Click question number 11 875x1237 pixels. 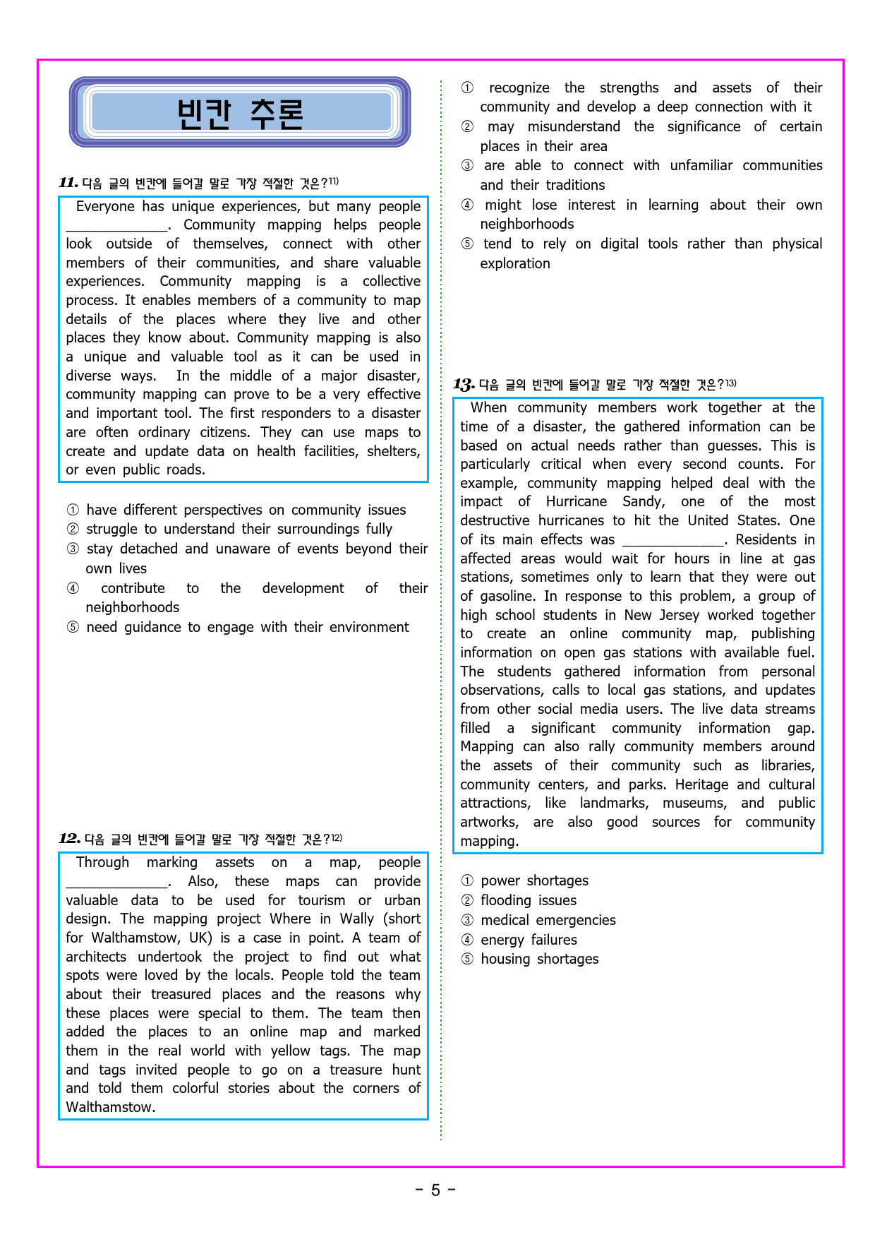coord(68,183)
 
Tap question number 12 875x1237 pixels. coord(69,839)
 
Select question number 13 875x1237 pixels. coord(464,385)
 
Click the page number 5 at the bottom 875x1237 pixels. coord(435,1190)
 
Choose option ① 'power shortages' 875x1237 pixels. coord(534,880)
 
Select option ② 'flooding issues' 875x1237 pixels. coord(528,900)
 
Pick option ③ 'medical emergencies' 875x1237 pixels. coord(548,920)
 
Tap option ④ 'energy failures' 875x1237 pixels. coord(529,940)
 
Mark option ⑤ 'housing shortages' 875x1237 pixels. coord(539,959)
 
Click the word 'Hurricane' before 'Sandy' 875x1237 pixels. coord(576,501)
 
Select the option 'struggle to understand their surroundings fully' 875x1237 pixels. coord(239,529)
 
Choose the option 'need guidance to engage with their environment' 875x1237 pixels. coord(247,627)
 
